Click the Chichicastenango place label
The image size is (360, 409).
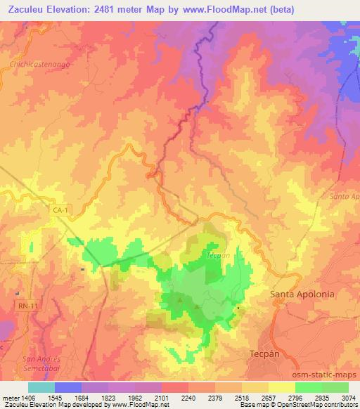(x=40, y=62)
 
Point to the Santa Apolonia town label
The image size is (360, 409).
(x=302, y=294)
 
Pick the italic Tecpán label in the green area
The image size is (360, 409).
(x=218, y=256)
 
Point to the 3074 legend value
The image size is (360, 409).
(x=340, y=397)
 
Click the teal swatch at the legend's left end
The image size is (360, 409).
(x=41, y=387)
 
